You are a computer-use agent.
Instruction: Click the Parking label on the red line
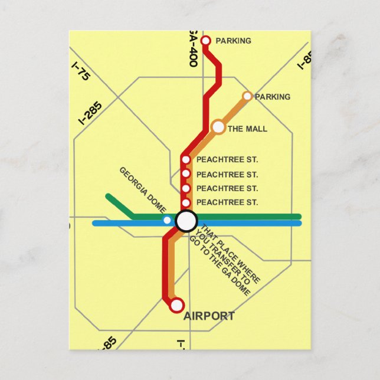click(x=233, y=41)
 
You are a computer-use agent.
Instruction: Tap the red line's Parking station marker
click(x=206, y=41)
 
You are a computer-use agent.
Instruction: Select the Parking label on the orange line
click(x=273, y=97)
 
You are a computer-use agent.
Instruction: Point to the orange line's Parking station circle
click(x=247, y=96)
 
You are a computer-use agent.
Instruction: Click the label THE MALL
click(x=247, y=129)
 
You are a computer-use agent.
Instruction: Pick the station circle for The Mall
click(x=218, y=127)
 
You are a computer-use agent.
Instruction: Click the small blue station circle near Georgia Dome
click(x=167, y=220)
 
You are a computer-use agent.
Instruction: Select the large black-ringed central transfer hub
click(x=186, y=221)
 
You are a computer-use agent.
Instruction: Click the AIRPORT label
click(x=209, y=316)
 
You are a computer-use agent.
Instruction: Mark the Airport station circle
click(x=176, y=306)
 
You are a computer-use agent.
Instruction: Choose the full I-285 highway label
click(x=90, y=113)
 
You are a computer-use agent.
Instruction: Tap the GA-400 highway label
click(x=193, y=48)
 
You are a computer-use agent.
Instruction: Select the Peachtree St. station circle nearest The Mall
click(x=186, y=159)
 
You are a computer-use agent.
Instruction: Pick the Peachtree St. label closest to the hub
click(x=227, y=202)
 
